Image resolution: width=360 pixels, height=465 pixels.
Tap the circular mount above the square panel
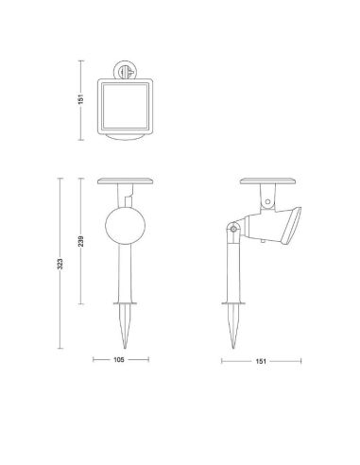tap(125, 70)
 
